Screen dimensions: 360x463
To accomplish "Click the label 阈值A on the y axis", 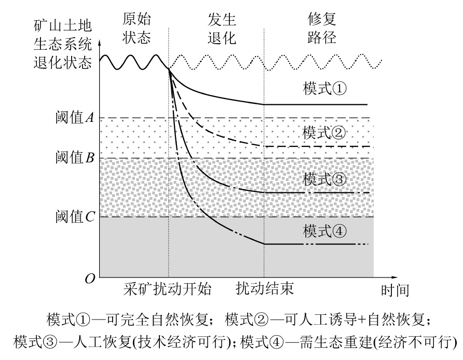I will pos(74,118).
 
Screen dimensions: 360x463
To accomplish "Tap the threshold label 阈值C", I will pos(74,217).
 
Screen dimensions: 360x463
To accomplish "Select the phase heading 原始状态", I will pos(137,29).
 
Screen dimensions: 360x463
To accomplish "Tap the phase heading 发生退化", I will pos(221,29).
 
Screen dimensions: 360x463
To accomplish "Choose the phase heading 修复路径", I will pos(322,29).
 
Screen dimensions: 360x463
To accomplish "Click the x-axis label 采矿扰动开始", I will pos(168,289).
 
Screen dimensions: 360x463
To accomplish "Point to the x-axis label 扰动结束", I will pos(265,289).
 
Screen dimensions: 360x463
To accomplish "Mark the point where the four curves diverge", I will pos(169,69).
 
